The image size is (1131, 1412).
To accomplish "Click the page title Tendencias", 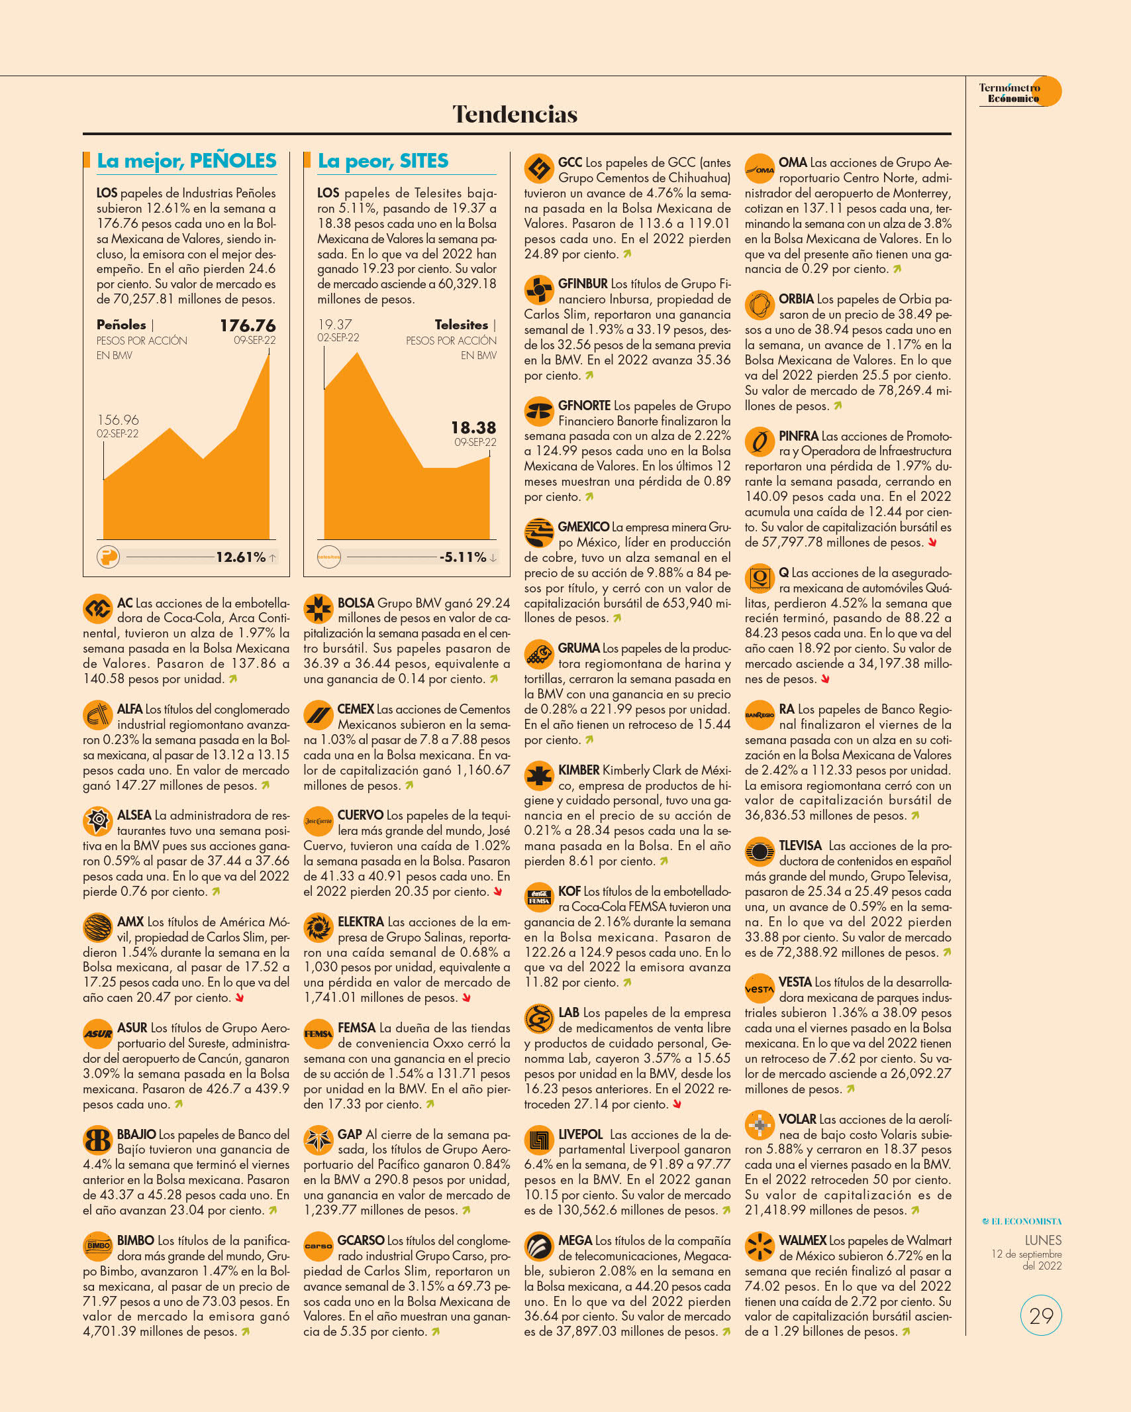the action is point(515,114).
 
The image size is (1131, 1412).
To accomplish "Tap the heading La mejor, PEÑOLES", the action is point(187,161).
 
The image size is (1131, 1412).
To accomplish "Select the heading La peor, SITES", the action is point(383,161).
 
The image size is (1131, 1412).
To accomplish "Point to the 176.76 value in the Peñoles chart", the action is point(248,325).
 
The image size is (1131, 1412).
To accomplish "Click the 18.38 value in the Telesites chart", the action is point(473,427).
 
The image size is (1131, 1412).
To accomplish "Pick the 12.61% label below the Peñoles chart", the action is point(240,557).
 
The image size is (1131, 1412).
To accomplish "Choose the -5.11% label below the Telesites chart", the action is point(463,557).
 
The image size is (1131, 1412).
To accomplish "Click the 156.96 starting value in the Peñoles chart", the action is point(118,420).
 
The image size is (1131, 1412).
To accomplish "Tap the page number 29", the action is point(1041,1315).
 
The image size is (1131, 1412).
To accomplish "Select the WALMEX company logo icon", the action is point(760,1246).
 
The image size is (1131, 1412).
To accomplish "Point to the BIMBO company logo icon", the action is point(98,1246).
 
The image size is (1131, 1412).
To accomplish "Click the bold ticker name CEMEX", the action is point(356,710).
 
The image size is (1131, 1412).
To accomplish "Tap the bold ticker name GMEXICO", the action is point(583,527).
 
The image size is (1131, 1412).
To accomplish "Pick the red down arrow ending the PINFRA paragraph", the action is point(932,543).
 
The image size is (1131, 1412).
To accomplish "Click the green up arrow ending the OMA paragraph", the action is point(897,269).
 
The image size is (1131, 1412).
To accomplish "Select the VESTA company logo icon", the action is point(760,989).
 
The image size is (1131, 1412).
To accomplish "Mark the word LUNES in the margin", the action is point(1043,1240).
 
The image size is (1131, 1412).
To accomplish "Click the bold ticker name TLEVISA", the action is point(800,846).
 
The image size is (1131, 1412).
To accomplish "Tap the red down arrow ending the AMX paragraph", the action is point(240,998).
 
